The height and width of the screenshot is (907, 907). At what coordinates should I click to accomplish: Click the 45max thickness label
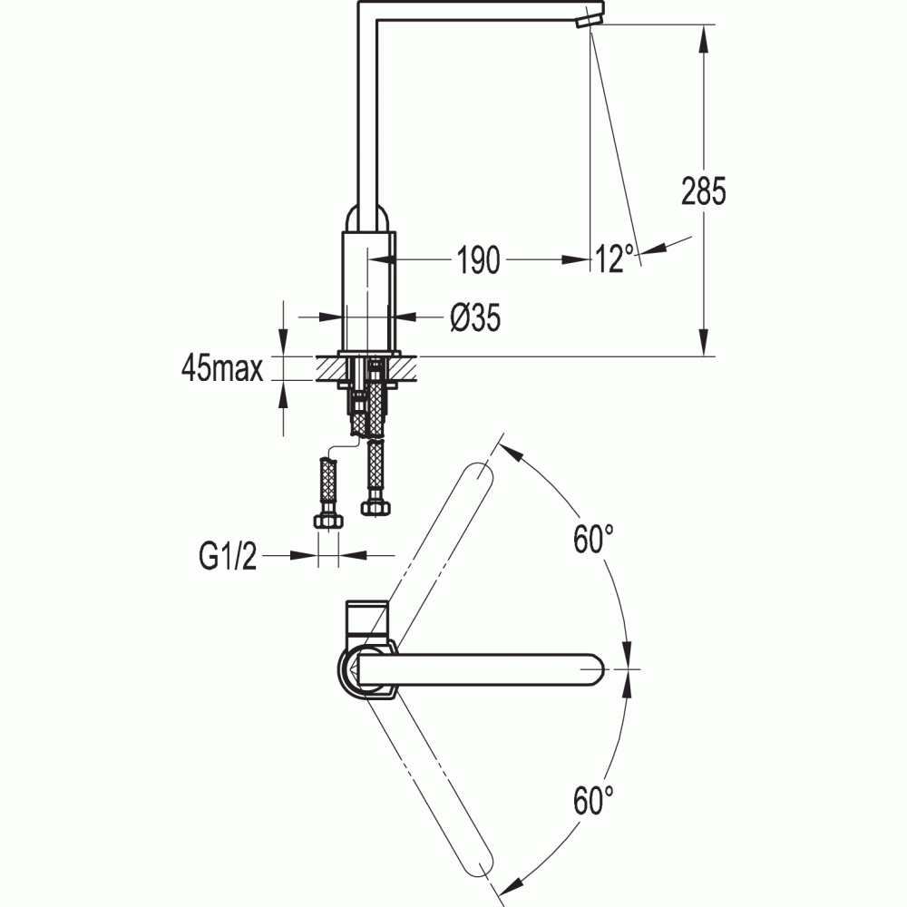[222, 367]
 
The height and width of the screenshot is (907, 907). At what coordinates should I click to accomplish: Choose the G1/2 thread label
[228, 557]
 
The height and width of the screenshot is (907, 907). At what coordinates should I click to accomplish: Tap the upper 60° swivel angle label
[593, 539]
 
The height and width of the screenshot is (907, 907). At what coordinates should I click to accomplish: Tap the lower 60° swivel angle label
[593, 800]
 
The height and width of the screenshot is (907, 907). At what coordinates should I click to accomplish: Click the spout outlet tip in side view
[589, 21]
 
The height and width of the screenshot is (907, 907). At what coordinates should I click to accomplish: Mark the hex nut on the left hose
[328, 521]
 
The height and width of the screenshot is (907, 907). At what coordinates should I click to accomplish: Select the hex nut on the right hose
[375, 508]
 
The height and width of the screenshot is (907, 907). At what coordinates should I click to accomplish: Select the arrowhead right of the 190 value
[576, 259]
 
